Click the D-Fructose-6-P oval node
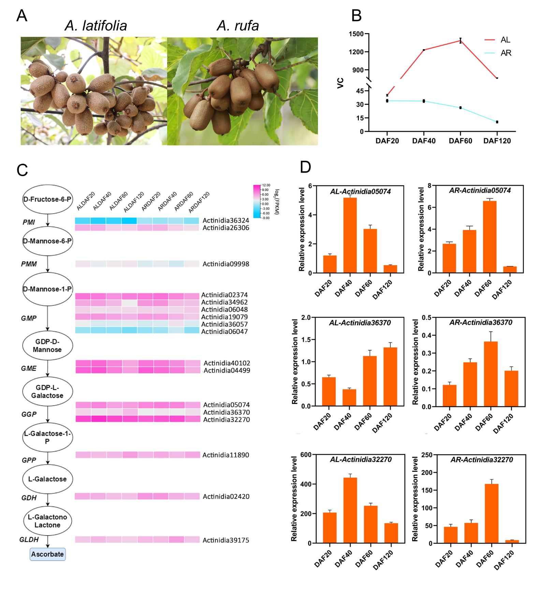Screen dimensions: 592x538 47,199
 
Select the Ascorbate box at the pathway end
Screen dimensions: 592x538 47,554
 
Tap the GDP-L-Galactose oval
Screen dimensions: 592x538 47,391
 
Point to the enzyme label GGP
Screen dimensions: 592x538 29,414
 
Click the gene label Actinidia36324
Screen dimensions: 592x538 226,221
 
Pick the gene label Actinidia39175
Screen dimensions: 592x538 226,540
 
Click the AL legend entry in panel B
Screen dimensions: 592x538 505,40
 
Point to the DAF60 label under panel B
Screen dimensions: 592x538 460,141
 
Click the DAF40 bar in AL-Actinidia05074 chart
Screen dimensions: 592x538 350,235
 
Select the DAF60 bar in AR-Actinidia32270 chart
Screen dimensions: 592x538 491,514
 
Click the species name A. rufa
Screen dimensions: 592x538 238,26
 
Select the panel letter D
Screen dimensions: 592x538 305,167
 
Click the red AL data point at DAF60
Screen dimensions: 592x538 460,41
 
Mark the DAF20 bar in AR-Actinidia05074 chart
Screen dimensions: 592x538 449,258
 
